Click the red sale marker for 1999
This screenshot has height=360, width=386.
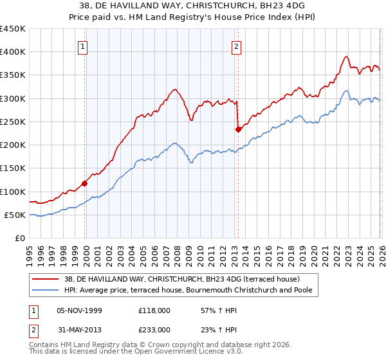[85, 183]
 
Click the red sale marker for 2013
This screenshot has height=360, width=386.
[238, 129]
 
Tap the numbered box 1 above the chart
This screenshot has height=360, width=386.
[84, 46]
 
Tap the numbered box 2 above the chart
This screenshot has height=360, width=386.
[237, 46]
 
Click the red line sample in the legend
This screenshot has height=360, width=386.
[46, 279]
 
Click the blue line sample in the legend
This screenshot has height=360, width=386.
[46, 291]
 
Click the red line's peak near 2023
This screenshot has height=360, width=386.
[346, 57]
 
